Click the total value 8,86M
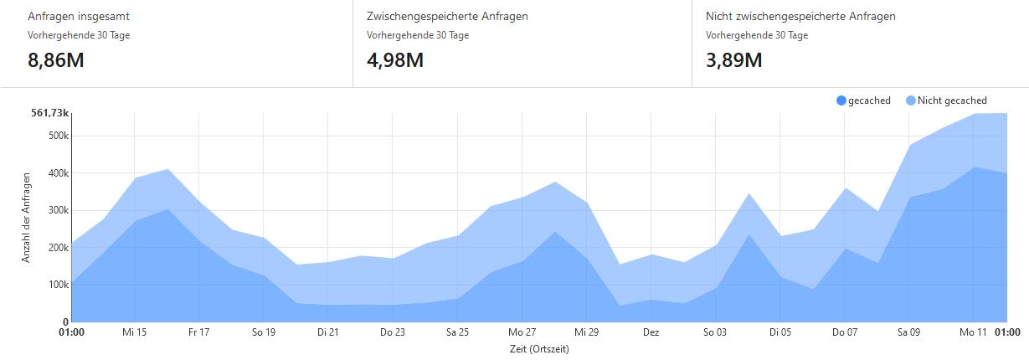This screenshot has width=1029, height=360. coord(56,60)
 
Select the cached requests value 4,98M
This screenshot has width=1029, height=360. coord(395,60)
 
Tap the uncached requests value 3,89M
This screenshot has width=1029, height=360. coord(734,60)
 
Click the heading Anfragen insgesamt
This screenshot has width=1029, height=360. coord(79,16)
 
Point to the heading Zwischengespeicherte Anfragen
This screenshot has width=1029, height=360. coord(447,16)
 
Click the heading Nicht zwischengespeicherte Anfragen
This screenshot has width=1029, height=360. coord(800,16)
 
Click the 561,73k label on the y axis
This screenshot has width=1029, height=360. coord(49,113)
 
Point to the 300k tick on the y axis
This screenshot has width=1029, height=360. coord(58,210)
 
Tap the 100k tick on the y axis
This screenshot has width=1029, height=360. coord(58,285)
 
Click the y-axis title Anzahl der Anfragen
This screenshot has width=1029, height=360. coord(26,218)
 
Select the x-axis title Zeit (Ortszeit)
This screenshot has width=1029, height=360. coord(539,349)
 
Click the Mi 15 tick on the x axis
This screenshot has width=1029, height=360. coord(134,332)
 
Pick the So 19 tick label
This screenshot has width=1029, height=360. coord(263,332)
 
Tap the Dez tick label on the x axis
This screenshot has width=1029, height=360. coord(651,332)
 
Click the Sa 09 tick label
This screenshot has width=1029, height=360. coord(908,332)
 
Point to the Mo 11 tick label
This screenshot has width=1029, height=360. coord(973,332)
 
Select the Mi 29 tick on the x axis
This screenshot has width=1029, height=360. coord(587,332)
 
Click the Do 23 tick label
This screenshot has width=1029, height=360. coord(392,332)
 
